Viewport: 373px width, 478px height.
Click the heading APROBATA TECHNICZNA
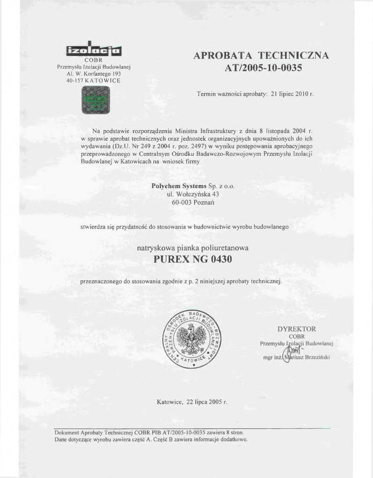[261, 56]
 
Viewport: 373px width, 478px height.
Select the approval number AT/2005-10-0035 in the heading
[263, 68]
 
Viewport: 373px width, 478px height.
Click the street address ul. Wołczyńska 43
[193, 194]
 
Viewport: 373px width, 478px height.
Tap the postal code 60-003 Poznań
[193, 203]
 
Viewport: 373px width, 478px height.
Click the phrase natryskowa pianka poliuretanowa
[193, 247]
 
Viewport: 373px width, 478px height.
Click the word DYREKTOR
[297, 329]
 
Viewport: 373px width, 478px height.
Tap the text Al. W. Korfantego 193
[93, 74]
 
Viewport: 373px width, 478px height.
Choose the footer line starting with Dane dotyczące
[151, 439]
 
